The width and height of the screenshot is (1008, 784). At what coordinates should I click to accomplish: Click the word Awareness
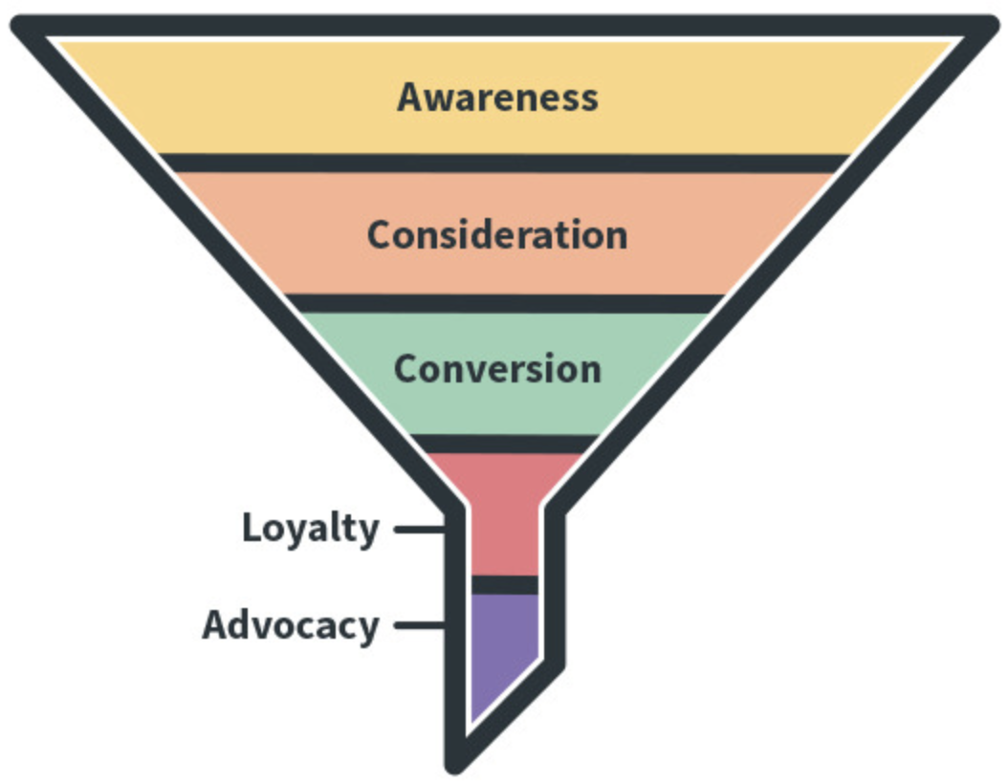click(x=497, y=97)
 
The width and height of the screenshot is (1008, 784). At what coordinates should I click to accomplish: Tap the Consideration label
click(x=497, y=234)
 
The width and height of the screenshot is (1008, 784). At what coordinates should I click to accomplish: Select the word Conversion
click(x=497, y=369)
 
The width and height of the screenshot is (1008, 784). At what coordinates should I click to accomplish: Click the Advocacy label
click(x=291, y=625)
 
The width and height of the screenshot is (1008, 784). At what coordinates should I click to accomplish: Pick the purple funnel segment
click(x=505, y=645)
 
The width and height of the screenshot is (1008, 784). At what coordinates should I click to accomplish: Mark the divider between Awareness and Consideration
click(x=505, y=163)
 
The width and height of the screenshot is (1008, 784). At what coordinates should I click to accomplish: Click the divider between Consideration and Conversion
click(x=505, y=304)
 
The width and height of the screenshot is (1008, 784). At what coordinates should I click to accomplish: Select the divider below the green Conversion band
click(x=505, y=444)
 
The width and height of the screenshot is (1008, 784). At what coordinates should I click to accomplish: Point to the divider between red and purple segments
click(x=505, y=585)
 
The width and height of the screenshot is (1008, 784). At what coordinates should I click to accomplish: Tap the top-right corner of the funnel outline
click(x=989, y=26)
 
